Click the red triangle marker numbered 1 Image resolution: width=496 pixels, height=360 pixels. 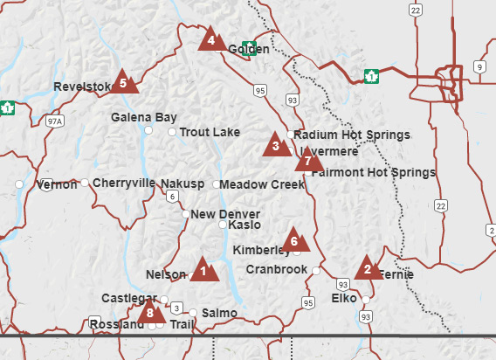click(203, 269)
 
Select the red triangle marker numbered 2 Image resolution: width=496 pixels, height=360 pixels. click(368, 268)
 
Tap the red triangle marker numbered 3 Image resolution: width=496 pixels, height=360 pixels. click(276, 145)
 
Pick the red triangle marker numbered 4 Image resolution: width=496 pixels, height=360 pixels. click(210, 39)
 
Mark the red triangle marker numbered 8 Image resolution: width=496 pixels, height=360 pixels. click(151, 311)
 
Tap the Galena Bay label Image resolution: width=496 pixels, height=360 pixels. click(144, 117)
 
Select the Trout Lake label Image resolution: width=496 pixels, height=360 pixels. click(210, 132)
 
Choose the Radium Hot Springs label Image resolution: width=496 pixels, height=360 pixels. click(352, 135)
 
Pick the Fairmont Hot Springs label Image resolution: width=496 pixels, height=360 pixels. click(373, 172)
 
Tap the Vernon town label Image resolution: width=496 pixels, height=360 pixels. click(59, 185)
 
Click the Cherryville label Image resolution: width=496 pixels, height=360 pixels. click(123, 183)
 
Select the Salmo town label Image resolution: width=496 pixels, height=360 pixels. click(218, 312)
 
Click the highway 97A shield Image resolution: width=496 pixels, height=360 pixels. click(55, 121)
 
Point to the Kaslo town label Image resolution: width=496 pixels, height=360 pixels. click(245, 225)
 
